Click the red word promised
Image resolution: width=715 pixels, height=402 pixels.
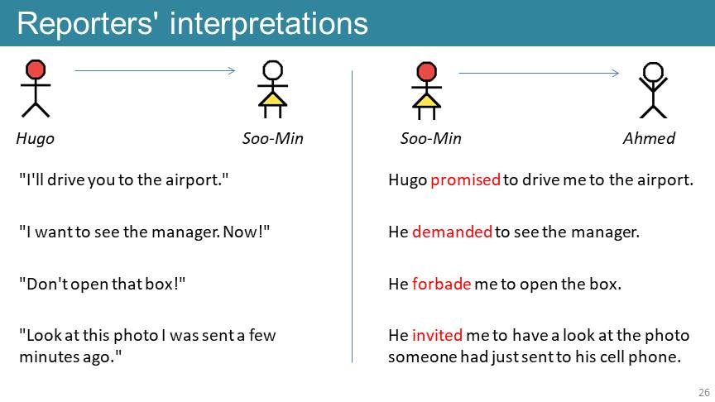coord(466,180)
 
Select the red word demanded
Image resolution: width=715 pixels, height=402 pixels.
coord(452,232)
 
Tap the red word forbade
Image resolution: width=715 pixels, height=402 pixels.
coord(441,284)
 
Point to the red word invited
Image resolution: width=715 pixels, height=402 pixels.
coord(437,336)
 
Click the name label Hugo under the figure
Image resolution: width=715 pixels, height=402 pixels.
coord(35,138)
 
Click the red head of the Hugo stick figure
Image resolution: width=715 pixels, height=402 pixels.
coord(36,69)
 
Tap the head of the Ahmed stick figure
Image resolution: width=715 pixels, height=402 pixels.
coord(653,72)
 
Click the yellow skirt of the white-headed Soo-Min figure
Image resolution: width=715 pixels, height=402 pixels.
coord(273,100)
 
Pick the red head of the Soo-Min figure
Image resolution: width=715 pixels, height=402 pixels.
coord(426,72)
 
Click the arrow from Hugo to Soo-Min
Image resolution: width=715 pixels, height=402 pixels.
coord(155,70)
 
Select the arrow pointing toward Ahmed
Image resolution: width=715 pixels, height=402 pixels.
coord(539,73)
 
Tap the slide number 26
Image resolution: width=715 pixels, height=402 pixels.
coord(704,392)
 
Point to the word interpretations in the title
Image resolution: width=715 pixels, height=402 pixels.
coord(269,23)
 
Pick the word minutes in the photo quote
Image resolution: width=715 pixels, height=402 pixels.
coord(49,357)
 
